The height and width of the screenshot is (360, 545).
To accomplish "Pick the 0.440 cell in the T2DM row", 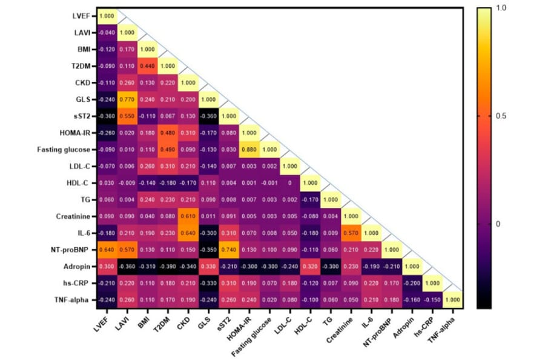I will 148,65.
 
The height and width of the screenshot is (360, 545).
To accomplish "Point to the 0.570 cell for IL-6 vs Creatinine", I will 351,232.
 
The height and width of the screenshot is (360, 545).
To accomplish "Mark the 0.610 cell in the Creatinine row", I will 189,215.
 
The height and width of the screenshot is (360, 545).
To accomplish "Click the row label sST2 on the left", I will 81,115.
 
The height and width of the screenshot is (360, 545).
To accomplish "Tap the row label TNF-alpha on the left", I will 72,299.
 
